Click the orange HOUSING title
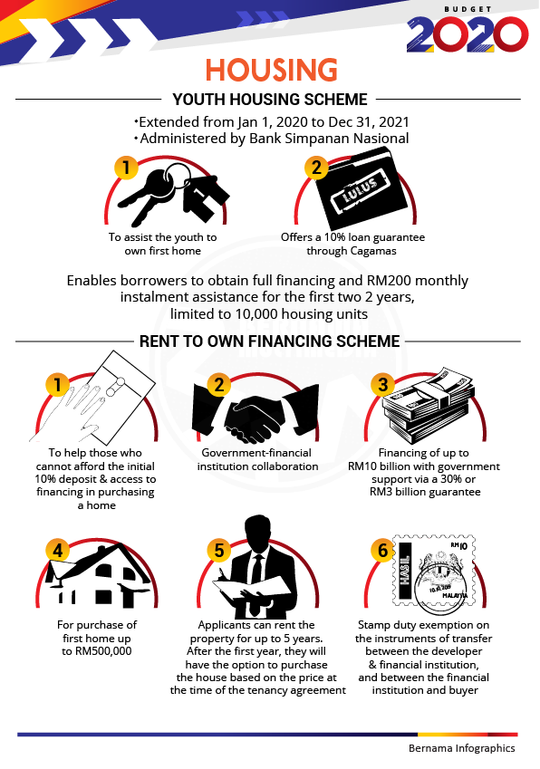coord(271,70)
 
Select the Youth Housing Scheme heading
coord(270,100)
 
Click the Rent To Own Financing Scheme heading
coord(270,341)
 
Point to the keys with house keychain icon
coord(174,194)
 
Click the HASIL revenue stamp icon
coord(434,575)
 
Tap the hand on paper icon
coord(93,398)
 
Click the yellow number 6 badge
coord(383,551)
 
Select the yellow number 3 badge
coord(383,384)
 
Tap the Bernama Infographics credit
coord(461,748)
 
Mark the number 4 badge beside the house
coord(57,551)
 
